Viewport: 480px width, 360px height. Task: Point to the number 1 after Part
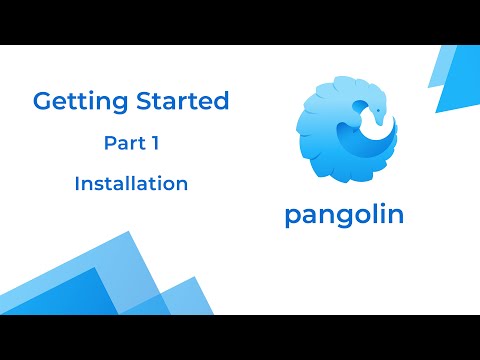tap(156, 144)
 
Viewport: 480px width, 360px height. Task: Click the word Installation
tap(131, 184)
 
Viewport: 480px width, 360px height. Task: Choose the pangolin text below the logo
tap(344, 215)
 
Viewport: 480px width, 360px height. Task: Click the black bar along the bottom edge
tap(240, 337)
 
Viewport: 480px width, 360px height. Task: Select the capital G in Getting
tap(42, 102)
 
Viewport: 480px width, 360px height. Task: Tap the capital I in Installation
tap(77, 184)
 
